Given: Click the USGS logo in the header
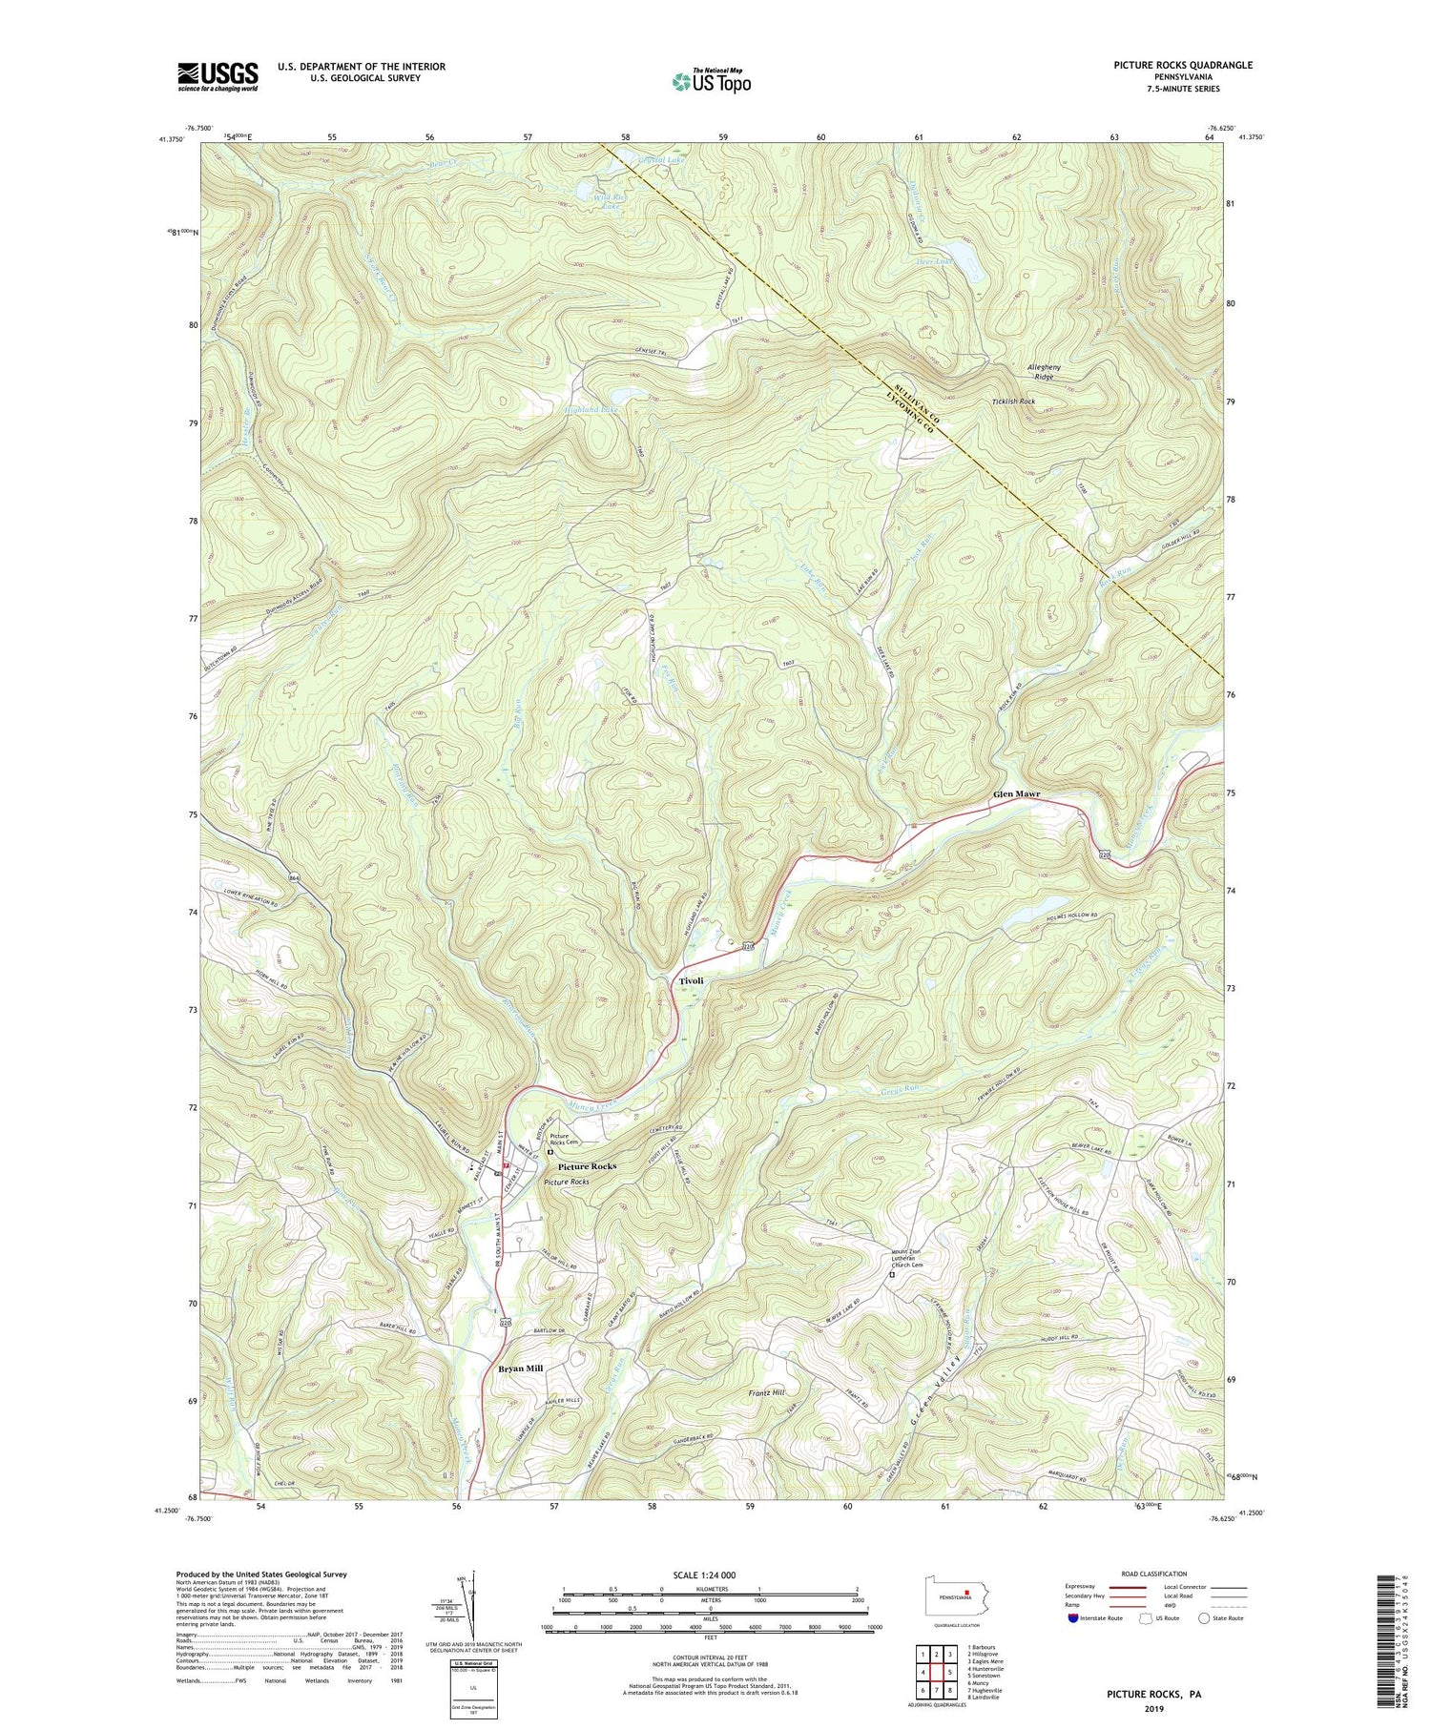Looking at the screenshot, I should (x=218, y=76).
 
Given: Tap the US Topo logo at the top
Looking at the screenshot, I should (x=711, y=82).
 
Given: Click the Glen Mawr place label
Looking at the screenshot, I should (x=1016, y=793).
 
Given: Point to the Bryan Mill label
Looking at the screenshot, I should (x=520, y=1369).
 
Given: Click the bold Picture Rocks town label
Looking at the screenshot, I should (x=587, y=1166).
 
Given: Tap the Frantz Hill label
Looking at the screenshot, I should (x=766, y=1393).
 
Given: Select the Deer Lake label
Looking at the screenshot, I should (x=935, y=260).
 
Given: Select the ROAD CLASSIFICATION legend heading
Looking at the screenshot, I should (x=1154, y=1574).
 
